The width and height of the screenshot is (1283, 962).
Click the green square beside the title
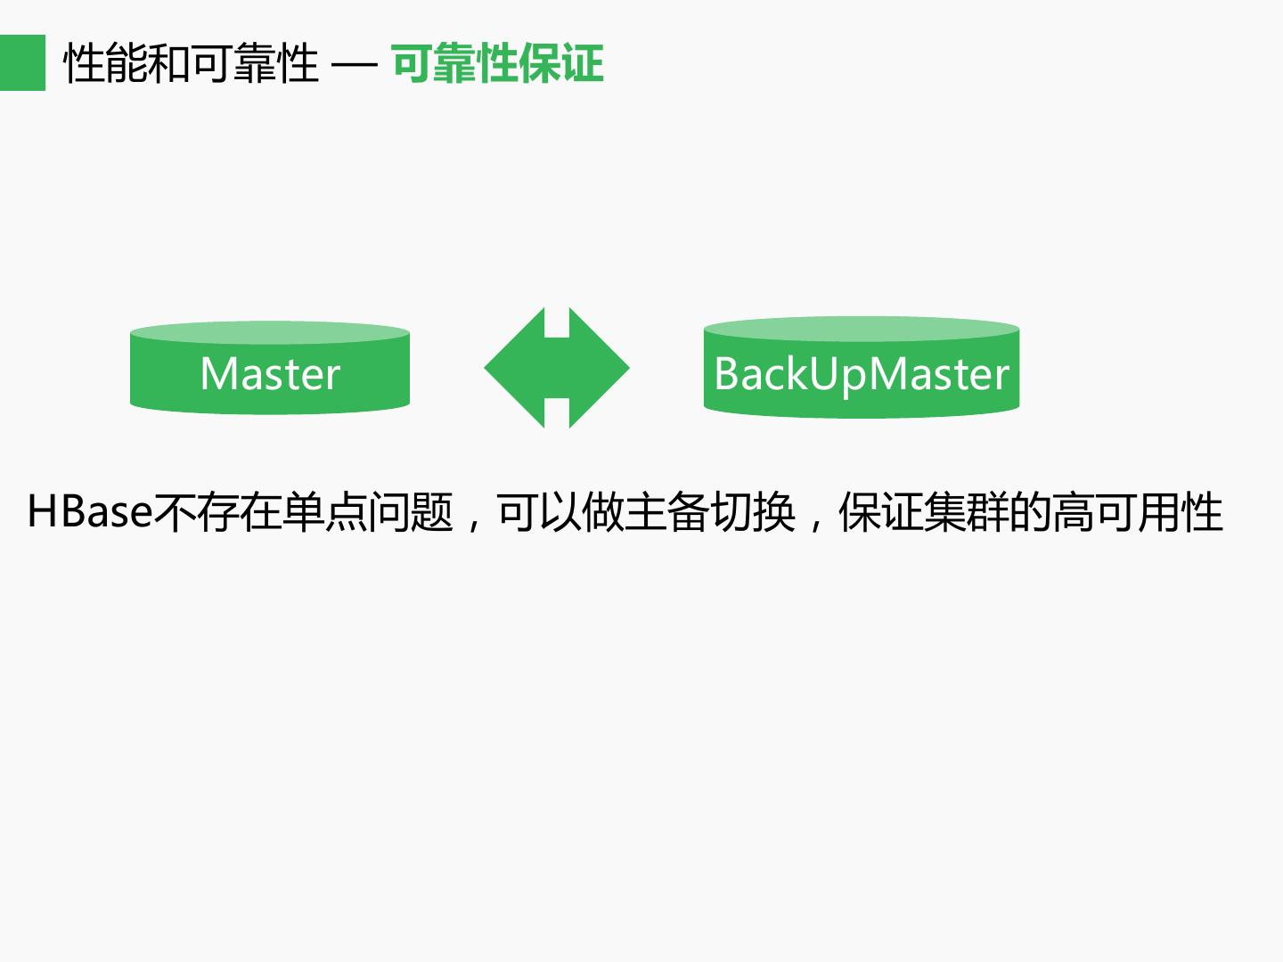coord(22,62)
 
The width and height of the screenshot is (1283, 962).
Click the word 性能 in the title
coord(106,64)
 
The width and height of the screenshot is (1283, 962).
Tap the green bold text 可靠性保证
coord(497,64)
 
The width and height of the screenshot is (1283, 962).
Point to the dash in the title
coord(354,66)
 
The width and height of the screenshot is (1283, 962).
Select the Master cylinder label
coord(270,374)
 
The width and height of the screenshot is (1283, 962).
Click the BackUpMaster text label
coord(862,374)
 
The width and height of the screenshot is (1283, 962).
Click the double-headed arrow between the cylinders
coord(557,368)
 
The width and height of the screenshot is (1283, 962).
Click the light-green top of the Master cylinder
coord(270,333)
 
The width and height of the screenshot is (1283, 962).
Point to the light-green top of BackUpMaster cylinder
coord(862,329)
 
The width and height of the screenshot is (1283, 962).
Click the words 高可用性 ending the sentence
coord(1138,513)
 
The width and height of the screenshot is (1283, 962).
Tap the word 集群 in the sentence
coord(967,513)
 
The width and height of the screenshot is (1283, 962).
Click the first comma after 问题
coord(475,522)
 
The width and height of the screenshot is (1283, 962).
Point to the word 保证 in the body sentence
coord(881,513)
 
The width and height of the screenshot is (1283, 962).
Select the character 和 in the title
coord(169,64)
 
